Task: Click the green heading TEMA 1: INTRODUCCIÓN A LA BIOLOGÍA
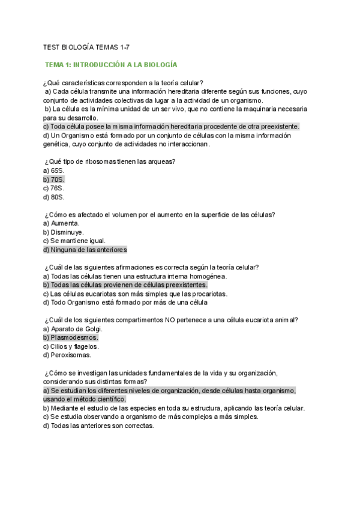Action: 111,64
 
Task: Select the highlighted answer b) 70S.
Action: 54,179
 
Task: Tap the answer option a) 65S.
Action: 54,170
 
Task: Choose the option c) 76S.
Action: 54,188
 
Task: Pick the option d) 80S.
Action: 54,197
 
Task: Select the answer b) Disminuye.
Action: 64,232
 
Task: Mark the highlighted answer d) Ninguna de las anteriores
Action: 85,250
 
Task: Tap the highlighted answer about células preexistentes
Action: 125,285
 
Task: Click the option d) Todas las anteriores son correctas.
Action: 98,426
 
